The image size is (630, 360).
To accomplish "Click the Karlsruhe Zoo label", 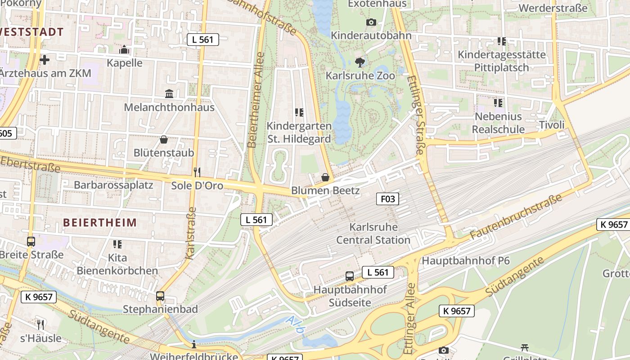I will coord(360,76).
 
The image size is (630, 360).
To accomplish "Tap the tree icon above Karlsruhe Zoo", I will coord(360,62).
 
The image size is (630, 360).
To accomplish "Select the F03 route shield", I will coord(387,198).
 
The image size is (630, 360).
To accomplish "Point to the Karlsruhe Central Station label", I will coord(373,233).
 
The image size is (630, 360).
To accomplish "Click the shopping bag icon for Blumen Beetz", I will coord(325,177).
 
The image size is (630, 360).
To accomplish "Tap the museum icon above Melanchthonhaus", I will coord(169,94).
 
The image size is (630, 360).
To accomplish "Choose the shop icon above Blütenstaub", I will coord(164,139).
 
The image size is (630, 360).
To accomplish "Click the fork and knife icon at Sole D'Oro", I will coord(197,172).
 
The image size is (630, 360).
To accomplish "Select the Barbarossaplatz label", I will coord(113,185).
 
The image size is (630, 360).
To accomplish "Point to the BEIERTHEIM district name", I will coord(100,222).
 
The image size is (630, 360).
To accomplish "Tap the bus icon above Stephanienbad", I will coord(160,296).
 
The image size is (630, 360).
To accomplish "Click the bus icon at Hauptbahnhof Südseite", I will coord(350,276).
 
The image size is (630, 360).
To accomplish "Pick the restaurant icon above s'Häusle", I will coord(40,324).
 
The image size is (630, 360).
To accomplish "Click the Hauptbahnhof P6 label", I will coord(465,261).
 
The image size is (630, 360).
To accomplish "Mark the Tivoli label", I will coord(551,125).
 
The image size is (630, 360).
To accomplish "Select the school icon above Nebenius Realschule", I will coord(498,103).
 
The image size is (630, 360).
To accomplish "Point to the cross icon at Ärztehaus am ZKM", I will coord(45,59).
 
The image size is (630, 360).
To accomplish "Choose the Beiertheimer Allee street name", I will coord(256,99).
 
